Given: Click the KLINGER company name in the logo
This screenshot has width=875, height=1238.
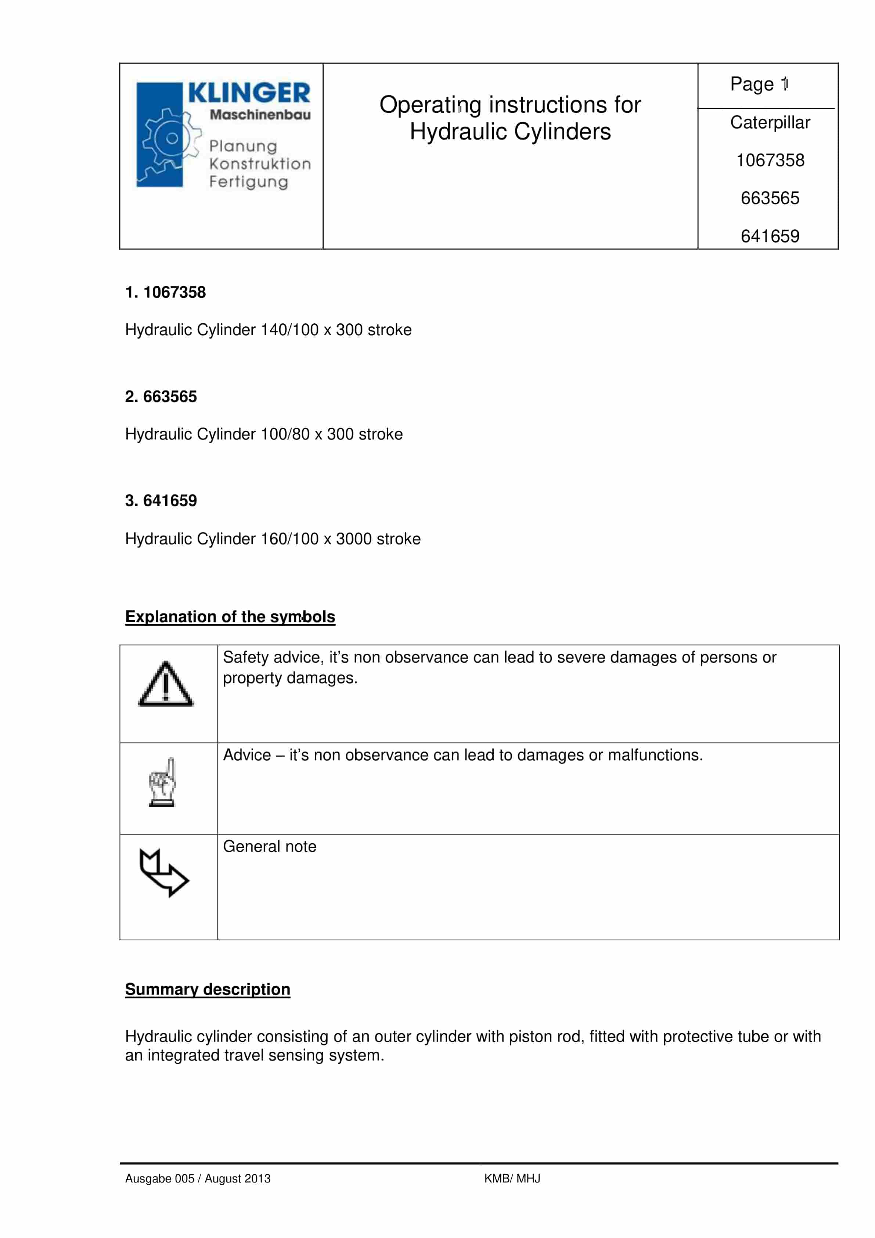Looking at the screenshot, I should [x=249, y=93].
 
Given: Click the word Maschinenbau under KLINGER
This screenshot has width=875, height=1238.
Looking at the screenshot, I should [x=260, y=115].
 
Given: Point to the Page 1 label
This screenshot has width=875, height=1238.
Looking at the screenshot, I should [x=759, y=85].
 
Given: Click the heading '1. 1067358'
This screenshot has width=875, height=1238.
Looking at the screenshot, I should [x=166, y=292].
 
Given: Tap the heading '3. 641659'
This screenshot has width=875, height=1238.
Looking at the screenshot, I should [x=161, y=501].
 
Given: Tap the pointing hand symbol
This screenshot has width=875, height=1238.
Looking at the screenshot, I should [x=162, y=782].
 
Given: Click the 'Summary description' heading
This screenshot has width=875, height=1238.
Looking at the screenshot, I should [x=208, y=990].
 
